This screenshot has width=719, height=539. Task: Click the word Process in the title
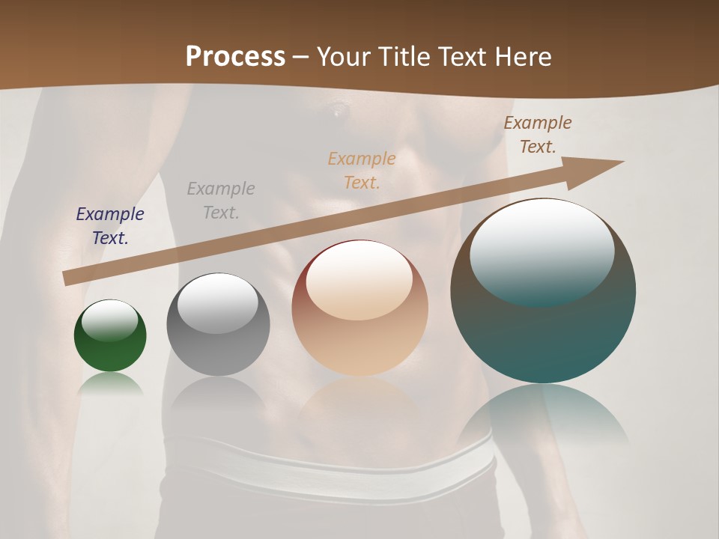pyautogui.click(x=235, y=56)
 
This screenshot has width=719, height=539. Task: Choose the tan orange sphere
pyautogui.click(x=359, y=329)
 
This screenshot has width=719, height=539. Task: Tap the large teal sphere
pyautogui.click(x=543, y=329)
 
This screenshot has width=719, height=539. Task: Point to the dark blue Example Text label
pyautogui.click(x=109, y=226)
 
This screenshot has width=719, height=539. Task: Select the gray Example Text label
pyautogui.click(x=220, y=201)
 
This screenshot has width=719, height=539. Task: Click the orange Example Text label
pyautogui.click(x=362, y=171)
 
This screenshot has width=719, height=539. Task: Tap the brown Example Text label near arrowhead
pyautogui.click(x=538, y=135)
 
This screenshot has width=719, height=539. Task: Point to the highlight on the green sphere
pyautogui.click(x=109, y=320)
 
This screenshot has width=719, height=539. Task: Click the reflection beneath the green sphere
pyautogui.click(x=110, y=383)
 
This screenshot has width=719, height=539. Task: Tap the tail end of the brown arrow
pyautogui.click(x=69, y=278)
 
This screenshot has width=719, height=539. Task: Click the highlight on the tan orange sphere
pyautogui.click(x=359, y=279)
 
